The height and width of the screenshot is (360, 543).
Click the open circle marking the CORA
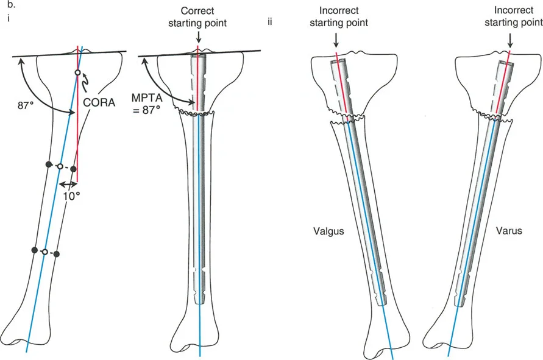pyautogui.click(x=77, y=73)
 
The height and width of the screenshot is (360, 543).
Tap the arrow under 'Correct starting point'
pyautogui.click(x=198, y=38)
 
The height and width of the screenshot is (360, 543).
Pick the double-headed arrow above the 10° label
pyautogui.click(x=68, y=183)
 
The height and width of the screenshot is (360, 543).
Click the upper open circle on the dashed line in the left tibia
pyautogui.click(x=60, y=166)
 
